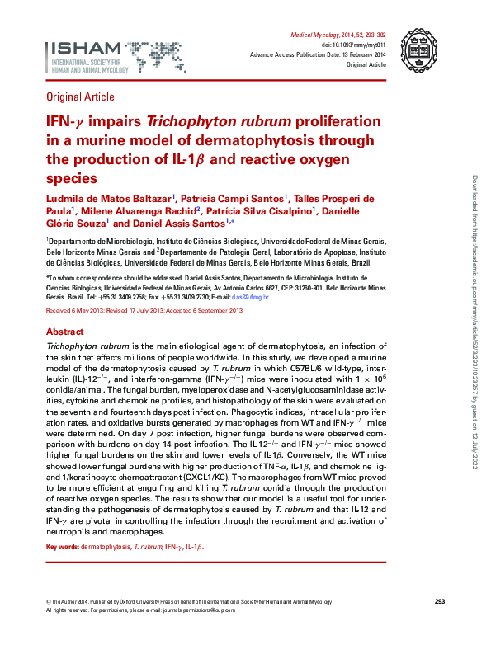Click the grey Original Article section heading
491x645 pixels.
click(81, 97)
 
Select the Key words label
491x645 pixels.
click(62, 547)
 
